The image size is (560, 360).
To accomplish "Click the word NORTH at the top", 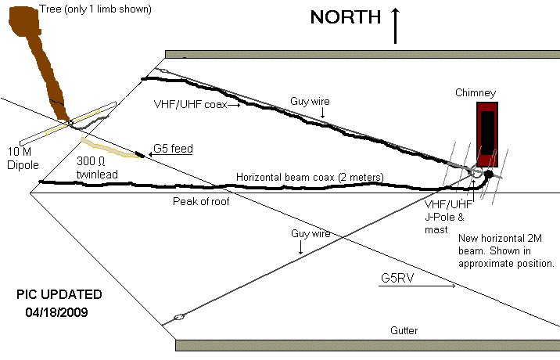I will (x=345, y=18).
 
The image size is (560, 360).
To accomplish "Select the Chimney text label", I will (x=476, y=93).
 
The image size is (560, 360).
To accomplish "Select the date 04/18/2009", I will (x=59, y=311).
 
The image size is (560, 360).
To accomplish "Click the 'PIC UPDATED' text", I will (x=59, y=295).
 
